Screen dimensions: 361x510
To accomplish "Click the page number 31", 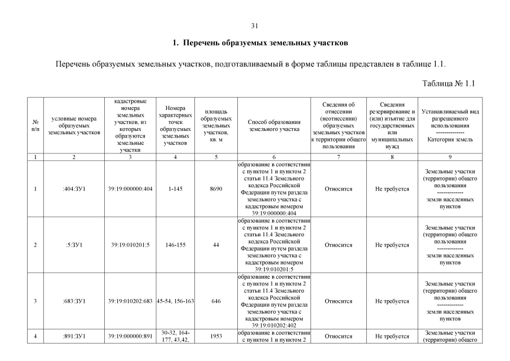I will point(254,26).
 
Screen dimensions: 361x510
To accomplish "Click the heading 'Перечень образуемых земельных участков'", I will point(260,43).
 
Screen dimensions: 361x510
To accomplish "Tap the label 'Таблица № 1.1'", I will point(449,83).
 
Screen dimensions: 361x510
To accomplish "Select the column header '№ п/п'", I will point(36,125).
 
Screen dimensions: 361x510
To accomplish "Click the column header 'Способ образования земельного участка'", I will point(273,125).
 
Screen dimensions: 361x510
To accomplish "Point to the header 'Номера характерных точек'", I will point(176,125).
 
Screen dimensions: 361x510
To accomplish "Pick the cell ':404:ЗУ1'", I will point(74,189).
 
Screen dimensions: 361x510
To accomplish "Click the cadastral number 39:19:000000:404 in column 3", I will point(130,189).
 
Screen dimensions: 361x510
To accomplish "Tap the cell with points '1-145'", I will point(176,189).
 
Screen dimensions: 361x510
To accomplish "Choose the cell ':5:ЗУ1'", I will point(74,245).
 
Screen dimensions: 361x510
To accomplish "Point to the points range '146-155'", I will point(176,245).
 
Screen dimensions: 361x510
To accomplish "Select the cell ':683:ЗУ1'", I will point(74,301).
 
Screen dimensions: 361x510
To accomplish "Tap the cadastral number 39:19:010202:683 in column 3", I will point(130,301).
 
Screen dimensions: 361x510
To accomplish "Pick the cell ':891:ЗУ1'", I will point(74,336).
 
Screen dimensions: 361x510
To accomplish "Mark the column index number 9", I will point(450,157).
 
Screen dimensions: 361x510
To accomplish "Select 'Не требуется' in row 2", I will point(392,245).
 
